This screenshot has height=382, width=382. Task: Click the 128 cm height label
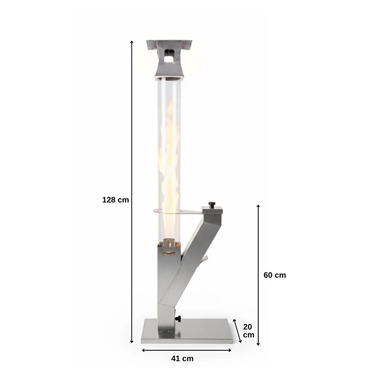115,200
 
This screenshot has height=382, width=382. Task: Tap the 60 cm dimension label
275,275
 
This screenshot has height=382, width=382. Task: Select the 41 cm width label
182,358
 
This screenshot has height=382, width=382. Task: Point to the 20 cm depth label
249,330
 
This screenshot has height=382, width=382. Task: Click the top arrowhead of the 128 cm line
131,42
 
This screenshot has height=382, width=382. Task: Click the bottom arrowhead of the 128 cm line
131,342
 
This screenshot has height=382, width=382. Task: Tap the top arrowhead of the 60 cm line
258,206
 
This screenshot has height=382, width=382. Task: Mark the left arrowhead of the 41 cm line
144,350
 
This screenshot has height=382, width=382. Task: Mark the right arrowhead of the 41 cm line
230,350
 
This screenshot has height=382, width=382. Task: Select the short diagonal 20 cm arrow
237,331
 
